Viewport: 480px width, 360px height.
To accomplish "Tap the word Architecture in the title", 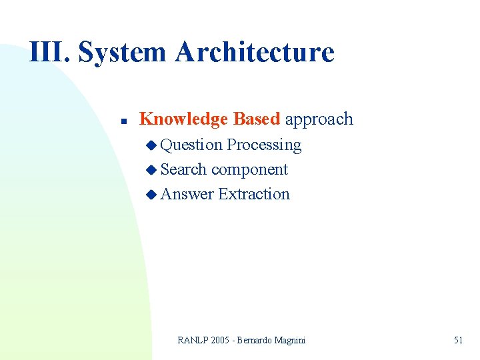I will pyautogui.click(x=255, y=52).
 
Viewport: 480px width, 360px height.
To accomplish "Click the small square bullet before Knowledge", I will pyautogui.click(x=123, y=122).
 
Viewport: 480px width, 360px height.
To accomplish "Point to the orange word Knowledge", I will pyautogui.click(x=183, y=119).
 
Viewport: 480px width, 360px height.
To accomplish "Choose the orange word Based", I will pyautogui.click(x=257, y=119).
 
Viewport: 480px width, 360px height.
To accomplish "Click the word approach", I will pyautogui.click(x=319, y=120).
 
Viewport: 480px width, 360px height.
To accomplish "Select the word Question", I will pyautogui.click(x=192, y=145).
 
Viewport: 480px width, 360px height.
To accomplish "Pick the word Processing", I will pyautogui.click(x=264, y=145).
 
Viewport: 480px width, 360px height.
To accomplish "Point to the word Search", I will pyautogui.click(x=184, y=169).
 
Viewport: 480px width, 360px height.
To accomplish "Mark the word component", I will pyautogui.click(x=249, y=170).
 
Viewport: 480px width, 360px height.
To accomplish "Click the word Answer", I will pyautogui.click(x=187, y=194).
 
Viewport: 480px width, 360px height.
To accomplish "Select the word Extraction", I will pyautogui.click(x=254, y=194).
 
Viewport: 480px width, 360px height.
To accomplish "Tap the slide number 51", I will pyautogui.click(x=458, y=340).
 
